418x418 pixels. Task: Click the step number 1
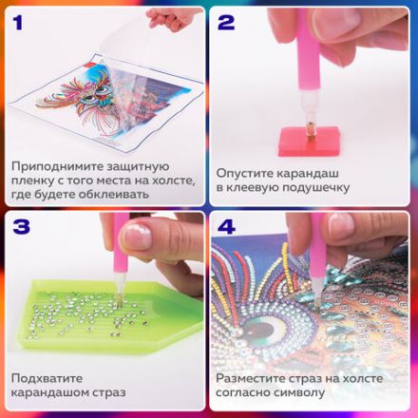(x=19, y=19)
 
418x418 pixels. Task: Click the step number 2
(x=226, y=19)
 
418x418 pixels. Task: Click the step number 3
(x=20, y=227)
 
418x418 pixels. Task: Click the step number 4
(x=226, y=227)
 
